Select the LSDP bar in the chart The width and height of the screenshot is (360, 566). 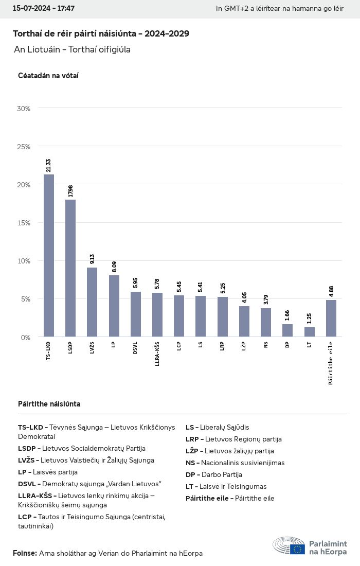tap(70, 268)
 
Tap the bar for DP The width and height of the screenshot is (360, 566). tap(287, 330)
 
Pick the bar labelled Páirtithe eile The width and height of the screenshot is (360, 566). tap(331, 319)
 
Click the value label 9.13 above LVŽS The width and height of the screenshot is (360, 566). tap(93, 259)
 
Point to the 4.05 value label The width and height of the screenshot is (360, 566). tap(244, 297)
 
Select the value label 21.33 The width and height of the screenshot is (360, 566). tap(49, 165)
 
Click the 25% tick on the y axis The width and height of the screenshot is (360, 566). tap(24, 147)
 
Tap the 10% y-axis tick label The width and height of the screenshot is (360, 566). tap(24, 261)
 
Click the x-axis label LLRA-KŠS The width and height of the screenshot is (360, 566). tap(157, 354)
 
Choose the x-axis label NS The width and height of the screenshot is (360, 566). tap(266, 345)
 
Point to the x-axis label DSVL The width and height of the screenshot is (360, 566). tap(136, 348)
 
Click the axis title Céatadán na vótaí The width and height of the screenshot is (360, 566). tap(48, 76)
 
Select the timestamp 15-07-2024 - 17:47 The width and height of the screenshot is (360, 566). tap(44, 9)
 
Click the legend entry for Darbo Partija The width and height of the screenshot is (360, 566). tap(214, 474)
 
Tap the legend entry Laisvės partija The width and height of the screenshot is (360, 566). tap(48, 472)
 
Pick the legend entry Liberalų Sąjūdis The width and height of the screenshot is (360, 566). tap(218, 427)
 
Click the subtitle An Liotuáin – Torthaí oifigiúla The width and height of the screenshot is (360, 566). tap(73, 49)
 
